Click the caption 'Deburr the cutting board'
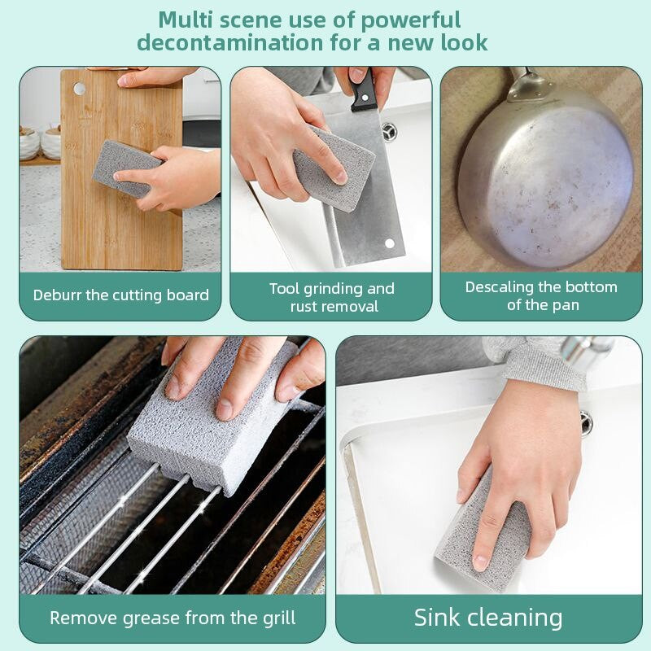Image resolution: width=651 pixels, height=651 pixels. [120, 295]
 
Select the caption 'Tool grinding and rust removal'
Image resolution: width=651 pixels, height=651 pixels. [331, 297]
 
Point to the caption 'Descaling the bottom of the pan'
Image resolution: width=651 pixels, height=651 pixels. [541, 295]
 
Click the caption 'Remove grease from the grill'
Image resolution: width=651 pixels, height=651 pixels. [173, 618]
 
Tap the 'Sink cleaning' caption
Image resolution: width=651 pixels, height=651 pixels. [488, 617]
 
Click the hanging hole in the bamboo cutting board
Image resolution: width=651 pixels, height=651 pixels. [79, 88]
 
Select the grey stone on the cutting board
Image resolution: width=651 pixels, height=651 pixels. [122, 167]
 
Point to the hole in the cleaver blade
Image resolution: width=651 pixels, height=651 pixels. [389, 242]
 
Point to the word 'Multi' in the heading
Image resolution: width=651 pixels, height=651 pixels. [190, 19]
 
